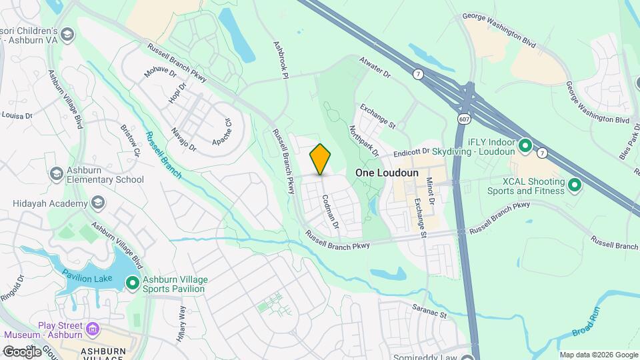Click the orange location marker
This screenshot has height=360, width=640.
coord(321,159)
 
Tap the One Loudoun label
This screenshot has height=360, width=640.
coord(387,173)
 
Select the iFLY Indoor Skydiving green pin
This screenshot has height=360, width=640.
coord(525,145)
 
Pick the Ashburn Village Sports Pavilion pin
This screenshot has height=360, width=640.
coord(133,284)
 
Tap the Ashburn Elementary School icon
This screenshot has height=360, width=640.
coord(57,173)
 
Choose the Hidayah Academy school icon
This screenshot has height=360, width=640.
coord(98,203)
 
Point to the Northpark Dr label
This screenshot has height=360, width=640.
coord(363,140)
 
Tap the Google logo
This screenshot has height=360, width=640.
coord(21,351)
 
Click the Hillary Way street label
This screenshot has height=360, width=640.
coord(181,323)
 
